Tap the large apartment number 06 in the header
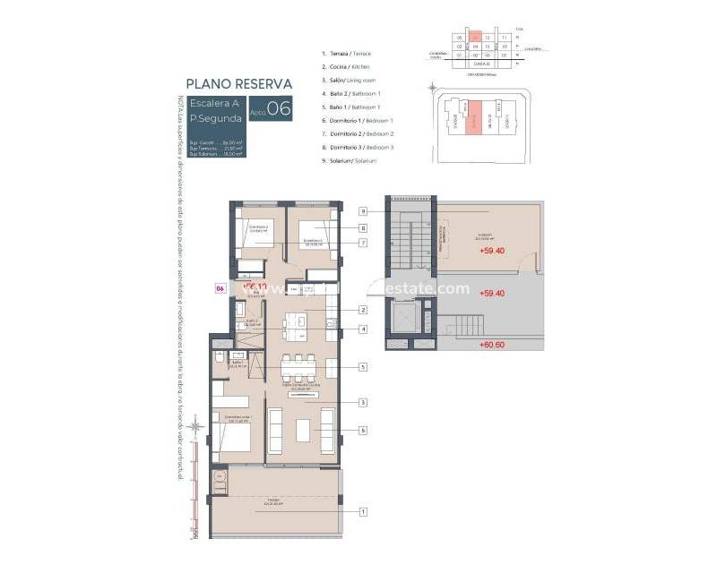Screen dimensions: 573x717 click(279, 109)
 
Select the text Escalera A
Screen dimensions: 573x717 click(212, 103)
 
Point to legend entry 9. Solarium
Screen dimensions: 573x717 click(350, 160)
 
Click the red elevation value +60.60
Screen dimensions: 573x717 click(492, 345)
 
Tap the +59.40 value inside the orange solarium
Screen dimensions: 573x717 click(492, 252)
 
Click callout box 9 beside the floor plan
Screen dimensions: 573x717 click(363, 211)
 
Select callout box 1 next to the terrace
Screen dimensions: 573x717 click(363, 512)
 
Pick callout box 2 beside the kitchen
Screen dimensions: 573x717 click(363, 311)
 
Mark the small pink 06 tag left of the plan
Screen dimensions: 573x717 click(220, 288)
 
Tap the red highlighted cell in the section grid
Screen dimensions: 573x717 click(477, 38)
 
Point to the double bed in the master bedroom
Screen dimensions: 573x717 click(231, 440)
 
